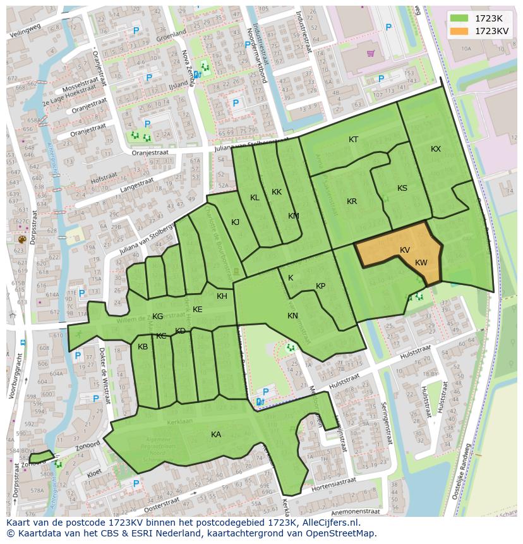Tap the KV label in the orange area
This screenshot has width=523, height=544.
[x=405, y=250]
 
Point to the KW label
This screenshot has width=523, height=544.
[x=421, y=263]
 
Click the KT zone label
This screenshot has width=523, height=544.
[x=354, y=140]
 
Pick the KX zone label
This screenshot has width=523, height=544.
[x=436, y=149]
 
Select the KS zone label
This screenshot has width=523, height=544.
[x=402, y=188]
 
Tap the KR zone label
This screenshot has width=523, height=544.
[x=352, y=202]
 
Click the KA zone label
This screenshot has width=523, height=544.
[x=216, y=435]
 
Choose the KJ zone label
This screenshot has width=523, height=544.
[x=235, y=222]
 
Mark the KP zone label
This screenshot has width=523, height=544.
[x=320, y=286]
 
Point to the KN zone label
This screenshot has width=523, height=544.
[x=292, y=316]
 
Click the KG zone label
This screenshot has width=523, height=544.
[x=158, y=317]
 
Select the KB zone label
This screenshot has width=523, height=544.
[x=143, y=347]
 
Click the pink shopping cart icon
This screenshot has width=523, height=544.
[x=370, y=53]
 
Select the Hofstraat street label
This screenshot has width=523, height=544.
[x=105, y=180]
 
